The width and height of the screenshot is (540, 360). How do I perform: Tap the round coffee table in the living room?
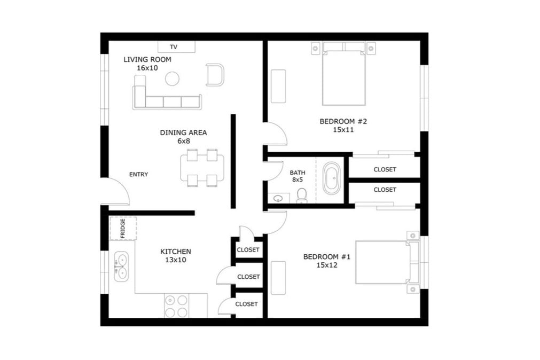172,79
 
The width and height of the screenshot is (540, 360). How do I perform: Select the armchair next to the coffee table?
215,74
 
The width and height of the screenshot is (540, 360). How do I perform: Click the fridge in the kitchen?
123,228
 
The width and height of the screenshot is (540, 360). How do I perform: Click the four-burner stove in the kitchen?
176,306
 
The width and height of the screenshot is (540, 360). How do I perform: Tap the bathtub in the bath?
332,178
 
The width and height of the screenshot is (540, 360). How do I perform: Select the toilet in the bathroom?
302,195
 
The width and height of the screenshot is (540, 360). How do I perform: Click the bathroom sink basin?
278,199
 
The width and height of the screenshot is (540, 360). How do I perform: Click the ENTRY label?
138,175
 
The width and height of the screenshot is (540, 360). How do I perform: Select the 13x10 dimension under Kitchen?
176,260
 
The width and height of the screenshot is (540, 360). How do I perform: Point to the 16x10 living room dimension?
147,68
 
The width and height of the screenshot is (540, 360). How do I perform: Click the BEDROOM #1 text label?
326,257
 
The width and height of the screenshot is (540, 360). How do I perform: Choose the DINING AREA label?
183,132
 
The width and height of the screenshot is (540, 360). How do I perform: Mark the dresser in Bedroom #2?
278,85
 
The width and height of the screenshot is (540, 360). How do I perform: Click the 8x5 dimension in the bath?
297,180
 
